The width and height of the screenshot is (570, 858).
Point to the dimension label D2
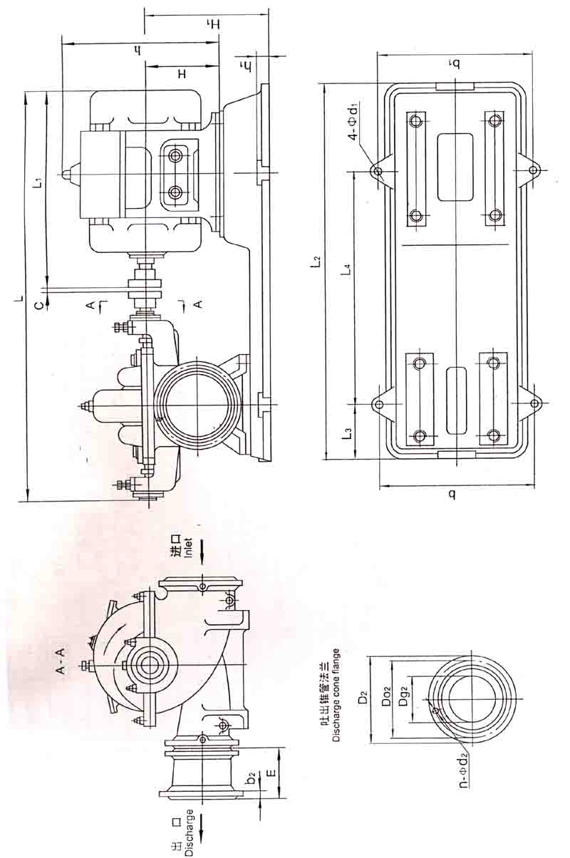364,698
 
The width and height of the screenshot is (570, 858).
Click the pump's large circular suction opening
197,405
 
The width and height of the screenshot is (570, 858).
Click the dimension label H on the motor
182,74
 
